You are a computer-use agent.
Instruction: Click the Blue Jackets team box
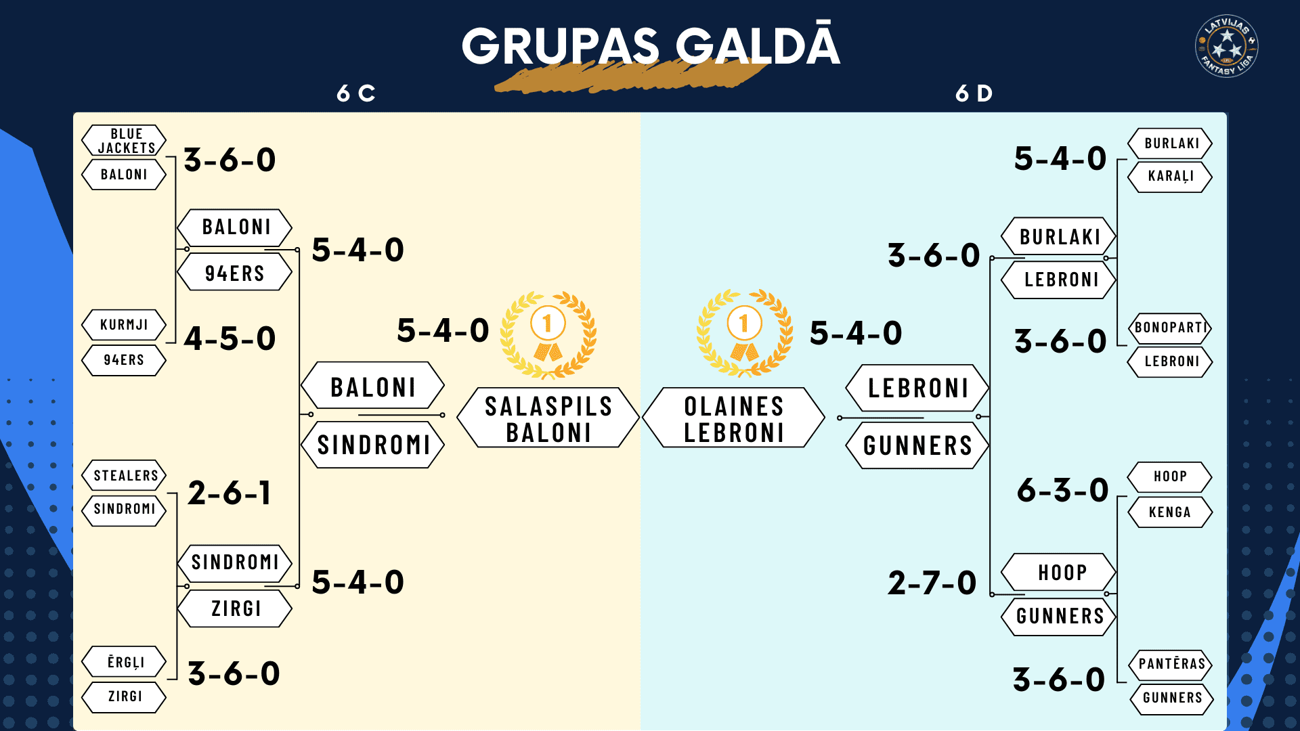pos(124,140)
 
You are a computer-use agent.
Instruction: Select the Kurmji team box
pos(124,325)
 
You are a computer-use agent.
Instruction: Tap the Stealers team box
pos(124,475)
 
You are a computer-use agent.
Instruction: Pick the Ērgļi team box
pos(124,662)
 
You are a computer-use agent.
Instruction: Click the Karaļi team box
pos(1170,177)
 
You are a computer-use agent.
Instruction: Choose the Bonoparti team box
pos(1170,328)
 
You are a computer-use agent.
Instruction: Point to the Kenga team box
pos(1170,512)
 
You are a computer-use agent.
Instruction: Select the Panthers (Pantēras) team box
pos(1171,664)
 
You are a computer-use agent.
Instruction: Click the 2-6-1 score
pos(230,493)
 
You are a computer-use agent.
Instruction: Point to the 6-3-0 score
pos(1062,490)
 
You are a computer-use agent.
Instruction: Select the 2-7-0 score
pos(932,583)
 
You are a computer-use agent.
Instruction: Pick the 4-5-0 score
pos(230,338)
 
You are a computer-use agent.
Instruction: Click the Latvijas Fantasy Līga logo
pos(1226,46)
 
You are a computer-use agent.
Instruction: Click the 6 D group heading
pos(974,93)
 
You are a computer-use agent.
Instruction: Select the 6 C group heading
pos(356,93)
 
